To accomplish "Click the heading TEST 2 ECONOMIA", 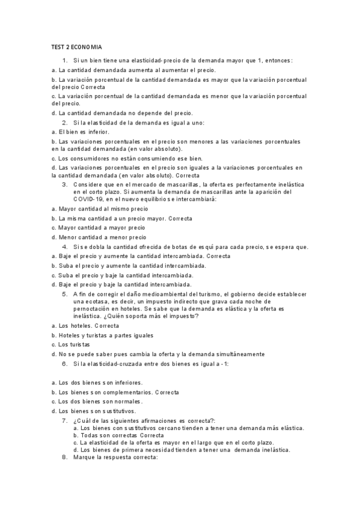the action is (x=76, y=46).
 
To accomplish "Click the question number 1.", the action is (x=65, y=61).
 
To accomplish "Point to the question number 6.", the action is (x=65, y=364).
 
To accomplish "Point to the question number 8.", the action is (x=65, y=457).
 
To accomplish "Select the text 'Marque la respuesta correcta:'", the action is (x=115, y=457).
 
